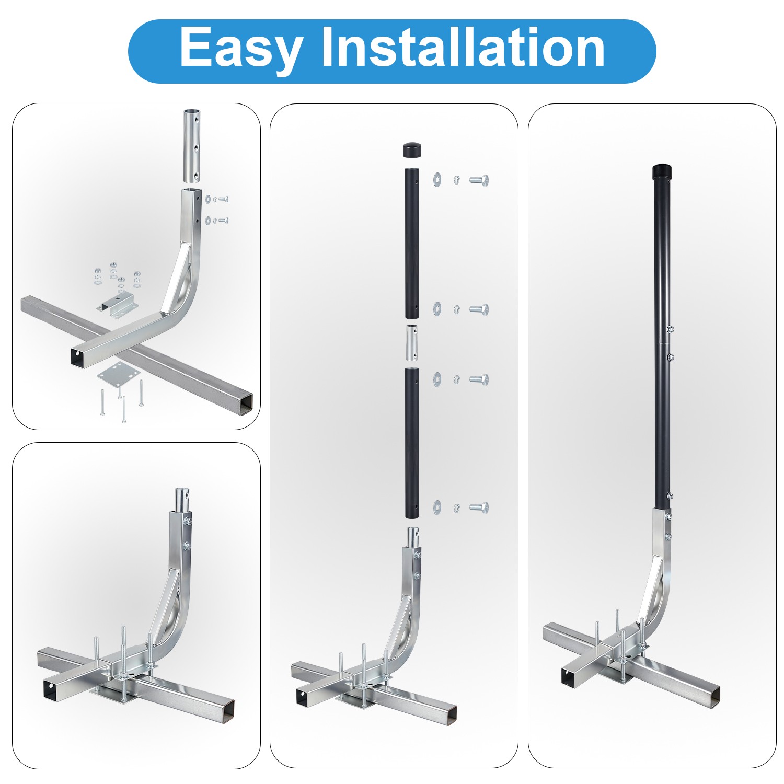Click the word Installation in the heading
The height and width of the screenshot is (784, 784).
tap(463, 48)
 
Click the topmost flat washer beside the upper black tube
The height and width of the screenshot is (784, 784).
tap(437, 180)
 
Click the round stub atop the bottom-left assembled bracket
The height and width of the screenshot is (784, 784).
tap(181, 499)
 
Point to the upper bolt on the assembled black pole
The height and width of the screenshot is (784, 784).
tap(670, 329)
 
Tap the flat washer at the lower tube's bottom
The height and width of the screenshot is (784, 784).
tap(437, 506)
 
